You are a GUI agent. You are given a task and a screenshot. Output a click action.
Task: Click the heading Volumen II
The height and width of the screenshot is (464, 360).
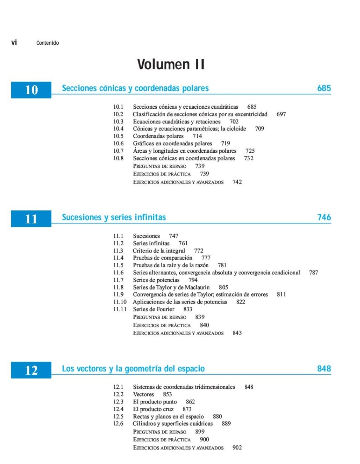coord(171,64)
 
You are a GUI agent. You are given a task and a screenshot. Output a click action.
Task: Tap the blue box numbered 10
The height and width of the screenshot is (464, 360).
coord(31,90)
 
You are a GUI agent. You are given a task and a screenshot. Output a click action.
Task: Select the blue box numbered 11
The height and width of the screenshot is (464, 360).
coord(31,219)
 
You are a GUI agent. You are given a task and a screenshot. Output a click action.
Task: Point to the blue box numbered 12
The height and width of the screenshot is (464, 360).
coord(31,370)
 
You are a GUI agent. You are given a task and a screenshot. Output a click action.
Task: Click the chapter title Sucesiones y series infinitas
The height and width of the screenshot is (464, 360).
coord(114,217)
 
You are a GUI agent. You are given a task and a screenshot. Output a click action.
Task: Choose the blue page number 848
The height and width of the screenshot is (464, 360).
coord(324,369)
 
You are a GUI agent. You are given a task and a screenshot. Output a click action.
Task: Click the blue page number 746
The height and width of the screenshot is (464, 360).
coord(324,217)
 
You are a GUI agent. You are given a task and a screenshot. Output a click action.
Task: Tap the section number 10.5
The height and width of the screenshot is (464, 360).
coord(118,136)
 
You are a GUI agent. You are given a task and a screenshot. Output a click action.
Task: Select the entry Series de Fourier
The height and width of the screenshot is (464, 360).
coord(154,309)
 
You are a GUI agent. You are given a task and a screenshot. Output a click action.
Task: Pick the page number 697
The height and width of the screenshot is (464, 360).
coord(281,114)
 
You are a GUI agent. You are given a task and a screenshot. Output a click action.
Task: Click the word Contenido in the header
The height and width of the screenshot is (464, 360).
coord(47,43)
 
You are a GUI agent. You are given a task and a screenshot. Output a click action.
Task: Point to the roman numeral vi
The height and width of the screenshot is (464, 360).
coord(14,43)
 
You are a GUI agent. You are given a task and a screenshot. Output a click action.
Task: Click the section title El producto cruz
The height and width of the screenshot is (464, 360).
coord(153,409)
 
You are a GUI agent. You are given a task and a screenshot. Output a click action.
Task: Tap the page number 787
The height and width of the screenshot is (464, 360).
coord(314,273)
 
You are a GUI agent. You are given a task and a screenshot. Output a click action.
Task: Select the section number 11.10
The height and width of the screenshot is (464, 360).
coord(120,302)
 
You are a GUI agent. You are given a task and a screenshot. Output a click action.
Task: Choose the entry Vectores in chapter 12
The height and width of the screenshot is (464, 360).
coord(143,394)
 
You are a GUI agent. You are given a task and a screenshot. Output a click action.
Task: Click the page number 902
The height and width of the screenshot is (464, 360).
coord(237,447)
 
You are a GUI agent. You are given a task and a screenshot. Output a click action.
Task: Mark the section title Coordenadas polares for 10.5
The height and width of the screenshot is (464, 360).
coord(158,136)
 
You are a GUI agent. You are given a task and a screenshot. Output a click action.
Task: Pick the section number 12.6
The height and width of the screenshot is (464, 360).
coord(118,424)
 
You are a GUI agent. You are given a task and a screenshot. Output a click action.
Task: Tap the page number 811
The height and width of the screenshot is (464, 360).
coord(282,294)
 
